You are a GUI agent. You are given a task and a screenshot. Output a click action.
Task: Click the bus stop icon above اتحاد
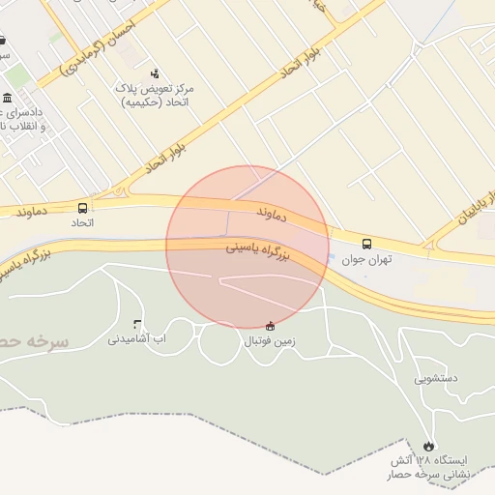pos(82,207)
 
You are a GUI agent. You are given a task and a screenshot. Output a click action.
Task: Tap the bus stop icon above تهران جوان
pos(366,245)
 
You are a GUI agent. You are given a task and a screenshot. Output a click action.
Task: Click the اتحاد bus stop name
pos(82,222)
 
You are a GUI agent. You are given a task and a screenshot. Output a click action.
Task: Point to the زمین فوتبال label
pos(270,340)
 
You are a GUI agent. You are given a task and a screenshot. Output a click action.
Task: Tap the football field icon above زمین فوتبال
pos(270,325)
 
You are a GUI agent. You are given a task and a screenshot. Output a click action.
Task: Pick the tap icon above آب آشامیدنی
pos(136,324)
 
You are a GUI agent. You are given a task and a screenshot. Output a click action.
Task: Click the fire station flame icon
pos(428,446)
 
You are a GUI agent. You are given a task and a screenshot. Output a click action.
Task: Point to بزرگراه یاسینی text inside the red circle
pos(259,251)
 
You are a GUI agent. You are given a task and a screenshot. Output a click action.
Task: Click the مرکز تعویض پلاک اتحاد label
pos(155,95)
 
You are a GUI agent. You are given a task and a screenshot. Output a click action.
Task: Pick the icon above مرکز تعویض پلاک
pos(155,73)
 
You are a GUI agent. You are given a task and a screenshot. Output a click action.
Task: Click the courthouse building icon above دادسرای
pos(8,99)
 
